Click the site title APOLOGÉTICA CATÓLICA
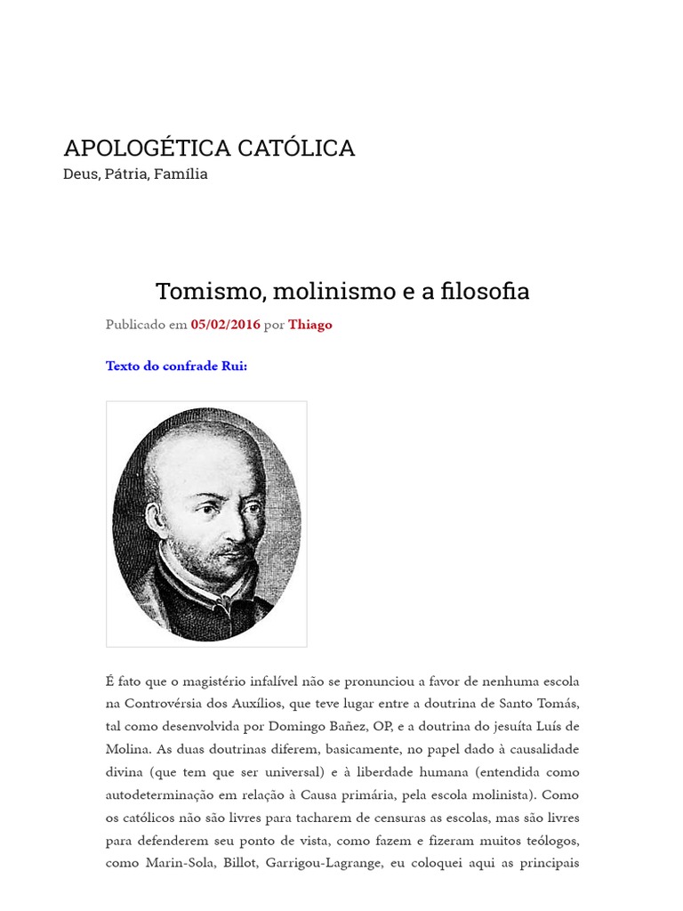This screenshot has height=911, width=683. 209,148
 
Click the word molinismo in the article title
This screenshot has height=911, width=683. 333,291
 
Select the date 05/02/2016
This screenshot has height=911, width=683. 225,325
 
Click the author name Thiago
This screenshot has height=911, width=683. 309,325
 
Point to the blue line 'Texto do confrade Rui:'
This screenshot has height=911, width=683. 176,366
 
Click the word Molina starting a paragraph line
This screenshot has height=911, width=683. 127,749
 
